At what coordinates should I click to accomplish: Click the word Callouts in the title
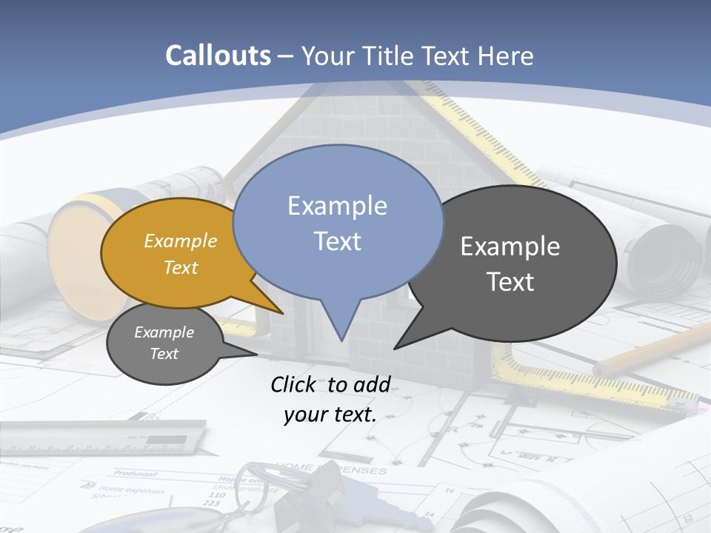(218, 56)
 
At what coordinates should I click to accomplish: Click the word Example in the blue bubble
(337, 205)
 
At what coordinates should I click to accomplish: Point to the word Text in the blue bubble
(337, 241)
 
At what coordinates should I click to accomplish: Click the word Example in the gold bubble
(181, 241)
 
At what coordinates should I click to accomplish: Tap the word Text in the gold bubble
(181, 267)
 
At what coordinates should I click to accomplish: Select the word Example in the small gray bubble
(164, 332)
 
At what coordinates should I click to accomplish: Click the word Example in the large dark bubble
(510, 246)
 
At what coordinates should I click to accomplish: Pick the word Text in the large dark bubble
(510, 281)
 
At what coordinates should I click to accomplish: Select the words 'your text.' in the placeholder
(330, 415)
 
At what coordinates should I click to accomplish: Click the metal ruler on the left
(104, 440)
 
